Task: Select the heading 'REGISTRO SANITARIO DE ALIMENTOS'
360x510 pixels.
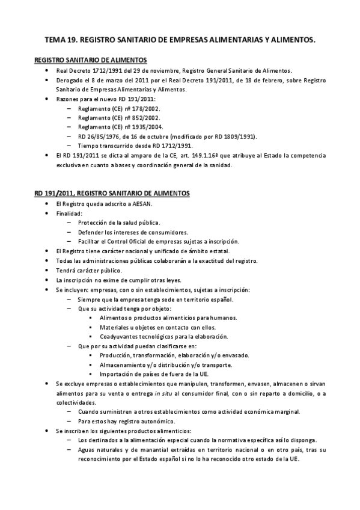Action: tap(91, 61)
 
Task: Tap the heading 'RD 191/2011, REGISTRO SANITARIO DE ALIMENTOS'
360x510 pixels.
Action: tap(112, 193)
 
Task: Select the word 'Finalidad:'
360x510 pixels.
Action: tap(70, 214)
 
